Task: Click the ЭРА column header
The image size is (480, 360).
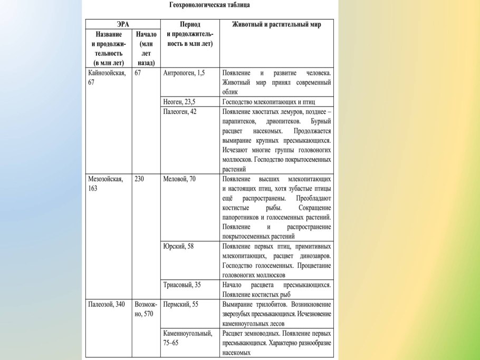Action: tap(123, 24)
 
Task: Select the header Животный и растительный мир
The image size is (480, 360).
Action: tap(276, 24)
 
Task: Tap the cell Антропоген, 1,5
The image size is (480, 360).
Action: tap(184, 73)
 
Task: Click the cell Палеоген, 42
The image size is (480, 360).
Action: tap(180, 112)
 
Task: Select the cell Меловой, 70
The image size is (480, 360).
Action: tap(180, 179)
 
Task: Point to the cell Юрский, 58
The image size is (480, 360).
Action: tap(178, 246)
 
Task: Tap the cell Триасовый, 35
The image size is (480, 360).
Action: tap(182, 285)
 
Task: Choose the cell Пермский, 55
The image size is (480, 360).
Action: tap(181, 304)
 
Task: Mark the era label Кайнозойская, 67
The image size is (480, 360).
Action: tap(107, 77)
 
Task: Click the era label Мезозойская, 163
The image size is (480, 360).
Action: tap(105, 183)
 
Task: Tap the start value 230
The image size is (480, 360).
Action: tap(140, 179)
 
